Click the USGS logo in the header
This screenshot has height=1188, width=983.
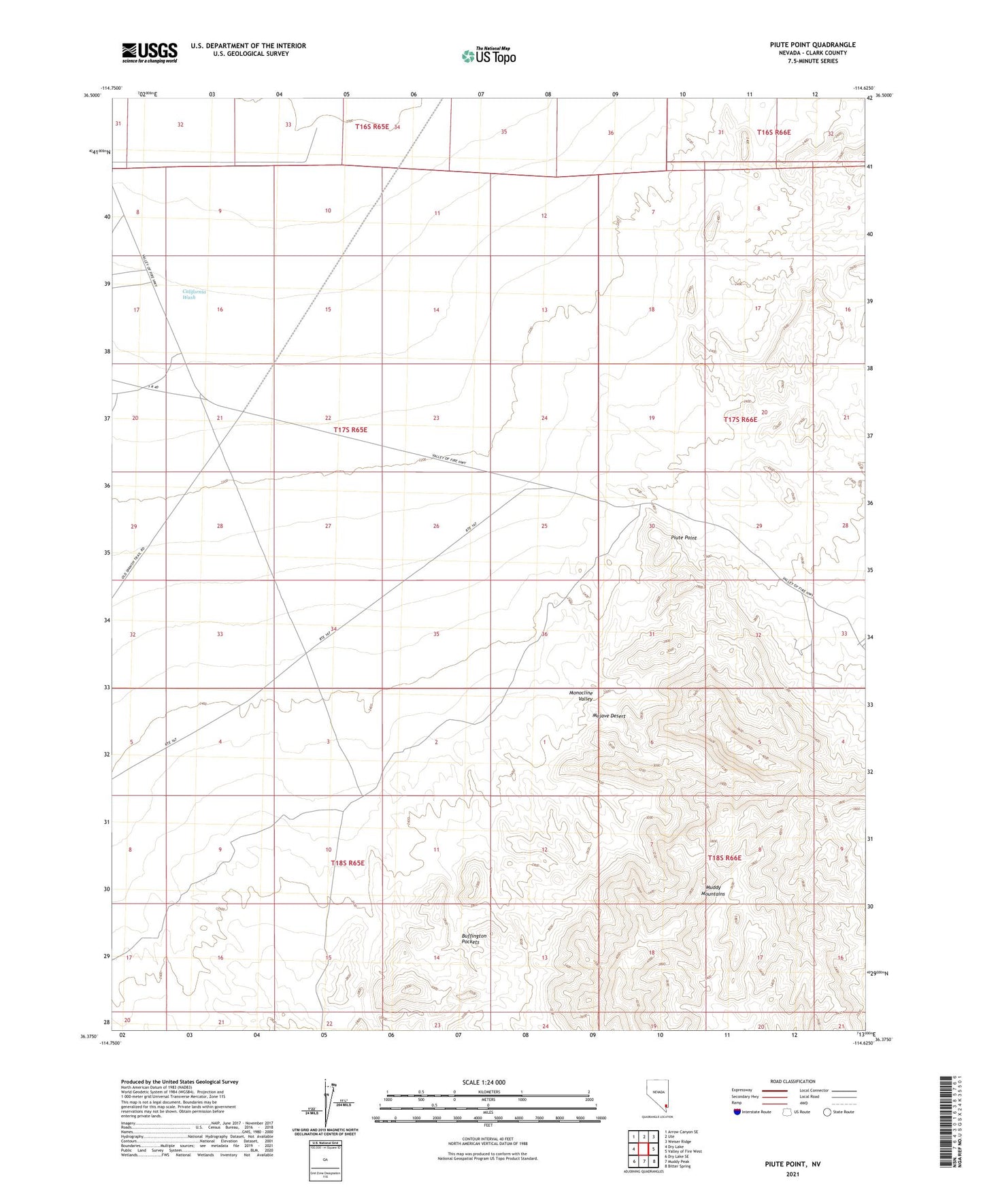tap(150, 52)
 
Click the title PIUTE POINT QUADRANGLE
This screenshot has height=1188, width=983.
tap(812, 45)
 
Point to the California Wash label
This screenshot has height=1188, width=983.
tap(194, 295)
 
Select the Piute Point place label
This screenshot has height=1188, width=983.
tap(684, 538)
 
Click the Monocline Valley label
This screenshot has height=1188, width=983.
tap(581, 695)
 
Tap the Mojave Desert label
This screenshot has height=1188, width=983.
tap(608, 716)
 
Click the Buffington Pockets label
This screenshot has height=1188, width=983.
tap(474, 938)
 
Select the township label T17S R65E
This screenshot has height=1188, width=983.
tap(350, 430)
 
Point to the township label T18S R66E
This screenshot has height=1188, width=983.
tap(724, 858)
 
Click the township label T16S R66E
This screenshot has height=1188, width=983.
tap(773, 132)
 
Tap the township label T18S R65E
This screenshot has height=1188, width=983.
tap(348, 863)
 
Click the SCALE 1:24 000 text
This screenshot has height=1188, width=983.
tap(484, 1082)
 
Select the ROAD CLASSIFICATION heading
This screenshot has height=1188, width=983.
tap(793, 1081)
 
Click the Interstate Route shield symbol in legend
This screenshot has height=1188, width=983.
tap(737, 1112)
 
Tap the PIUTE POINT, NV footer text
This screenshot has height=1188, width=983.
tap(793, 1164)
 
